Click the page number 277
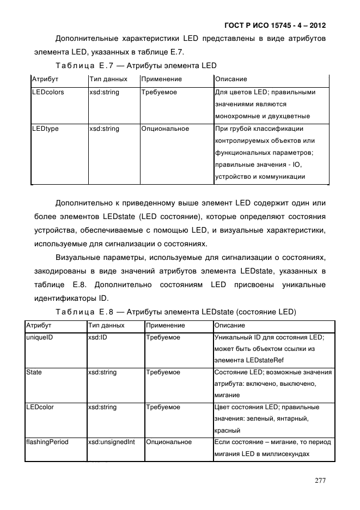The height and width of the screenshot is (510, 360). (x=320, y=481)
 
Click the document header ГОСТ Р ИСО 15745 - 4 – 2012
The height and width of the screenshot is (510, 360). (x=275, y=26)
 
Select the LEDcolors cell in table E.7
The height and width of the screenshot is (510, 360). (x=48, y=92)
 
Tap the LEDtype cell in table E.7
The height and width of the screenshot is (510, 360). (x=45, y=129)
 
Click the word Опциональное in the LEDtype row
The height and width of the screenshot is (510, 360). (x=165, y=129)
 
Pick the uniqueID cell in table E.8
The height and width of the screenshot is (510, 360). (x=39, y=337)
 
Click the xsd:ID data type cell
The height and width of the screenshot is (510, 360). (x=100, y=337)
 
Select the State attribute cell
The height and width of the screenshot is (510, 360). (x=34, y=372)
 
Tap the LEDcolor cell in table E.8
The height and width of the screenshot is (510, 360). (x=40, y=407)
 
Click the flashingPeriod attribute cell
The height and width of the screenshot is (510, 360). (x=47, y=442)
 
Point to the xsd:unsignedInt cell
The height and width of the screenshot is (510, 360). (x=112, y=442)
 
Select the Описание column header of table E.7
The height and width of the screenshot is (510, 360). (x=231, y=79)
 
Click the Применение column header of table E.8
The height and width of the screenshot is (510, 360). (x=165, y=325)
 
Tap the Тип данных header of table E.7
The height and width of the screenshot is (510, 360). (x=108, y=79)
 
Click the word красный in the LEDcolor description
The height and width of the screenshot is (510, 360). (x=228, y=430)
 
